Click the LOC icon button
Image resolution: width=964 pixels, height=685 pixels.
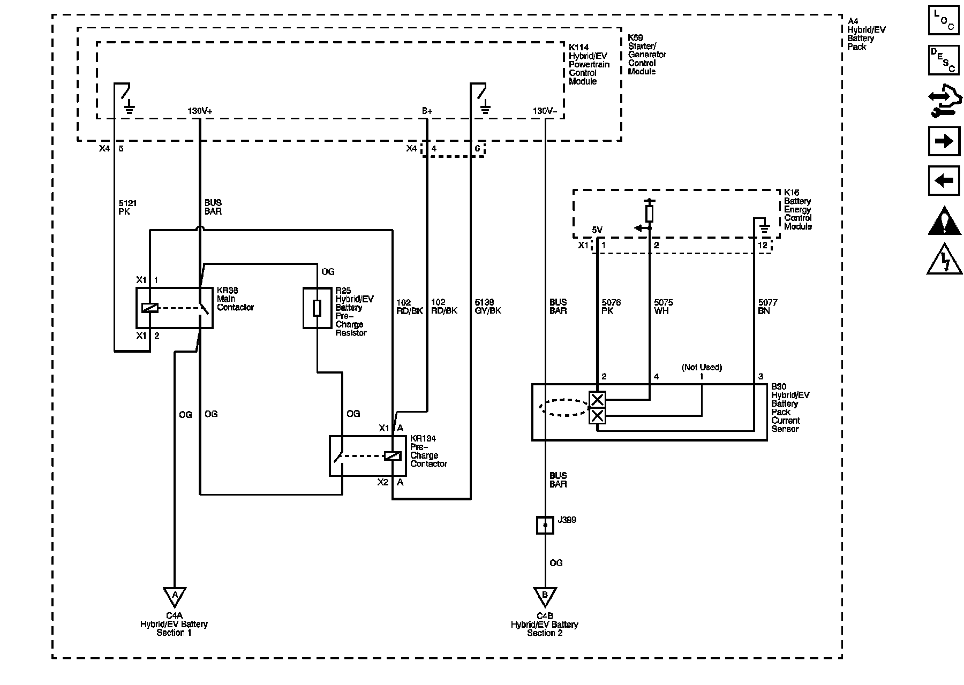[x=944, y=20]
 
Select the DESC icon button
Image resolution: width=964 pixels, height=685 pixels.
[x=944, y=60]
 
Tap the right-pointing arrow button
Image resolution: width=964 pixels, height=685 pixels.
[x=944, y=141]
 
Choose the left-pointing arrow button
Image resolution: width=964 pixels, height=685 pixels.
[x=944, y=181]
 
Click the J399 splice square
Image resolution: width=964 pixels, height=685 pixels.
[x=545, y=525]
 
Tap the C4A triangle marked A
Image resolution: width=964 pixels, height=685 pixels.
[x=174, y=596]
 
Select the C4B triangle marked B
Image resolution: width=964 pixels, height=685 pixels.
[x=545, y=596]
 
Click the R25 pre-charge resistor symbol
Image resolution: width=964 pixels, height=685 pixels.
[x=317, y=308]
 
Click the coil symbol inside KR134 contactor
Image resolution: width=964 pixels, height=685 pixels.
[x=393, y=456]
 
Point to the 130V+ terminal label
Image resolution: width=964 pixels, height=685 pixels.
[x=200, y=111]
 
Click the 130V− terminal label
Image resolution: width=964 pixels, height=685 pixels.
[x=545, y=111]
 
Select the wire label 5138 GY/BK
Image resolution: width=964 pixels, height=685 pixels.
[x=488, y=306]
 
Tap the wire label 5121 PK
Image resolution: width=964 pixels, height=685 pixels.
[x=127, y=207]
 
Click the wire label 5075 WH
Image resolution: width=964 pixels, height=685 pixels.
[x=664, y=307]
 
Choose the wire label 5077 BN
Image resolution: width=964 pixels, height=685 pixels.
[x=767, y=307]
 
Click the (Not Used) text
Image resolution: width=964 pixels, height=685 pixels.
[x=702, y=367]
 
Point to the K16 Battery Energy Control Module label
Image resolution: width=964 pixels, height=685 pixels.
[x=798, y=209]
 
